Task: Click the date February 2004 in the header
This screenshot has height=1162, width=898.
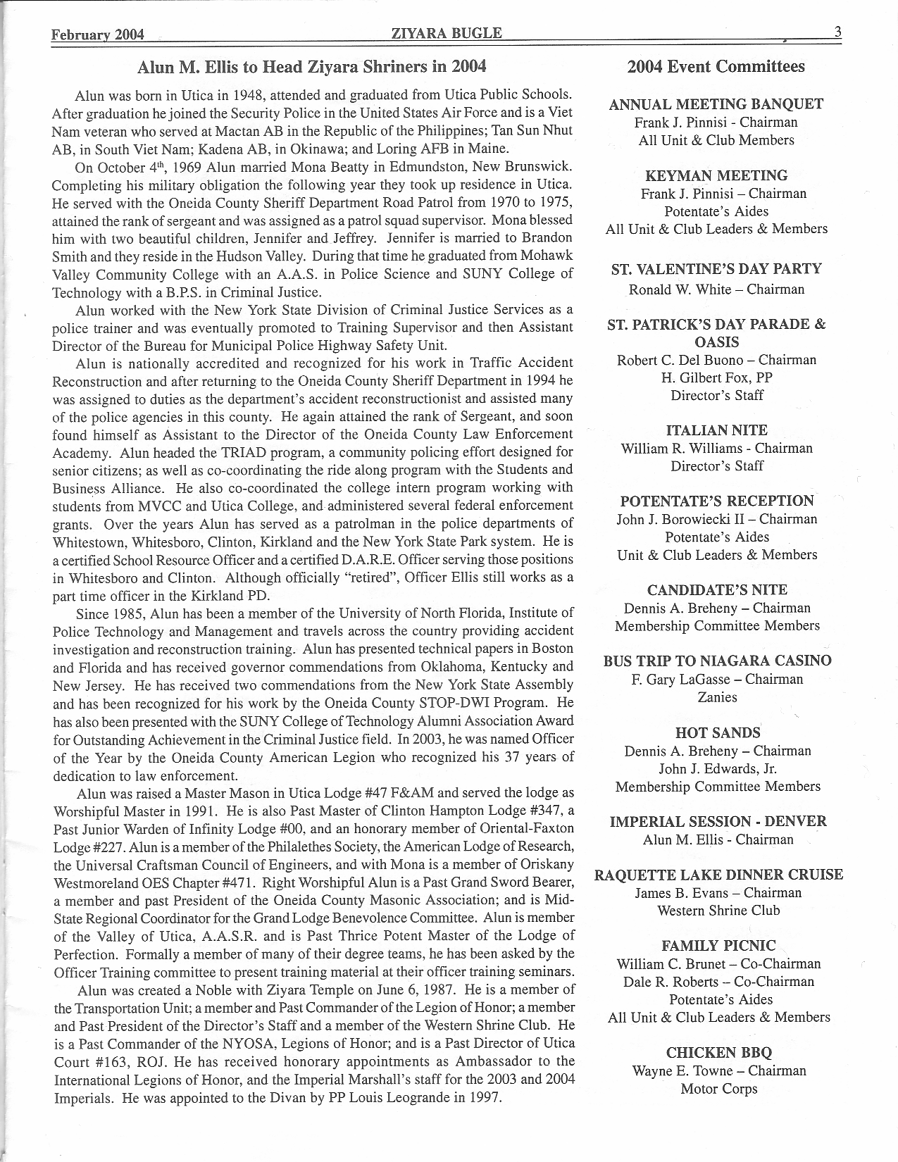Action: click(98, 35)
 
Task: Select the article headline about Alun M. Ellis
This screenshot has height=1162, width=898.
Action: click(312, 67)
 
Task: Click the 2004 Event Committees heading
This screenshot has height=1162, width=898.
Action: click(716, 67)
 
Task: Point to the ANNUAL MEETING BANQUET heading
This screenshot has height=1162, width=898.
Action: click(716, 104)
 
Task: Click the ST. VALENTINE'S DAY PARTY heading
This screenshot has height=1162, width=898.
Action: click(716, 269)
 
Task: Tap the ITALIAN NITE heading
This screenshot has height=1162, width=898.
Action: click(716, 430)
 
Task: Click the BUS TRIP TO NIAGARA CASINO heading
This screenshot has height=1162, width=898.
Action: click(717, 661)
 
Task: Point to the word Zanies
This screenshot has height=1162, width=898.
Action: click(717, 697)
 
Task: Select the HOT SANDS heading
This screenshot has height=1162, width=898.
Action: click(718, 732)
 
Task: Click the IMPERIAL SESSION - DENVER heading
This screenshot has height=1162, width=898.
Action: click(718, 821)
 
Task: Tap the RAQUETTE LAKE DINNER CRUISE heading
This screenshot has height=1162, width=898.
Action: click(718, 875)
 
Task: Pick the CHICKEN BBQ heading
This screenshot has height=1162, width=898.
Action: click(718, 1053)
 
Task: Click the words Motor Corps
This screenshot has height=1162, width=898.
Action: click(718, 1089)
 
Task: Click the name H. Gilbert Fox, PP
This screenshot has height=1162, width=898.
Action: click(716, 377)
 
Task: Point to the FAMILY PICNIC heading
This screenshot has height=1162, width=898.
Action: click(718, 946)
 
